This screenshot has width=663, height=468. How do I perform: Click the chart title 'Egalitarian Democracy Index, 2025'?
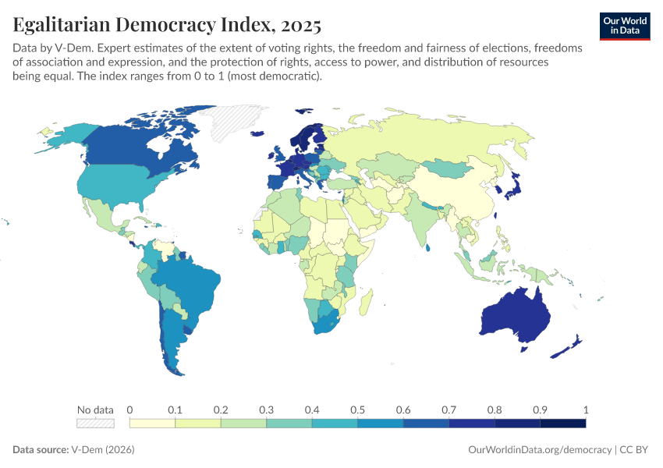(167, 25)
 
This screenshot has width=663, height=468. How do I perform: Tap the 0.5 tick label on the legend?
(358, 409)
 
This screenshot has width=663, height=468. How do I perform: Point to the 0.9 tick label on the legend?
(540, 409)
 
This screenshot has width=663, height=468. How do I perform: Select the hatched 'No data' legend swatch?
(95, 424)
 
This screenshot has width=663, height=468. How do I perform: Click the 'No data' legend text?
(95, 409)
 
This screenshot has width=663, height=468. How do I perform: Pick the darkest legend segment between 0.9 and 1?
(562, 424)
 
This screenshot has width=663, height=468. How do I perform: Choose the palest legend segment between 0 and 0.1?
(152, 424)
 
